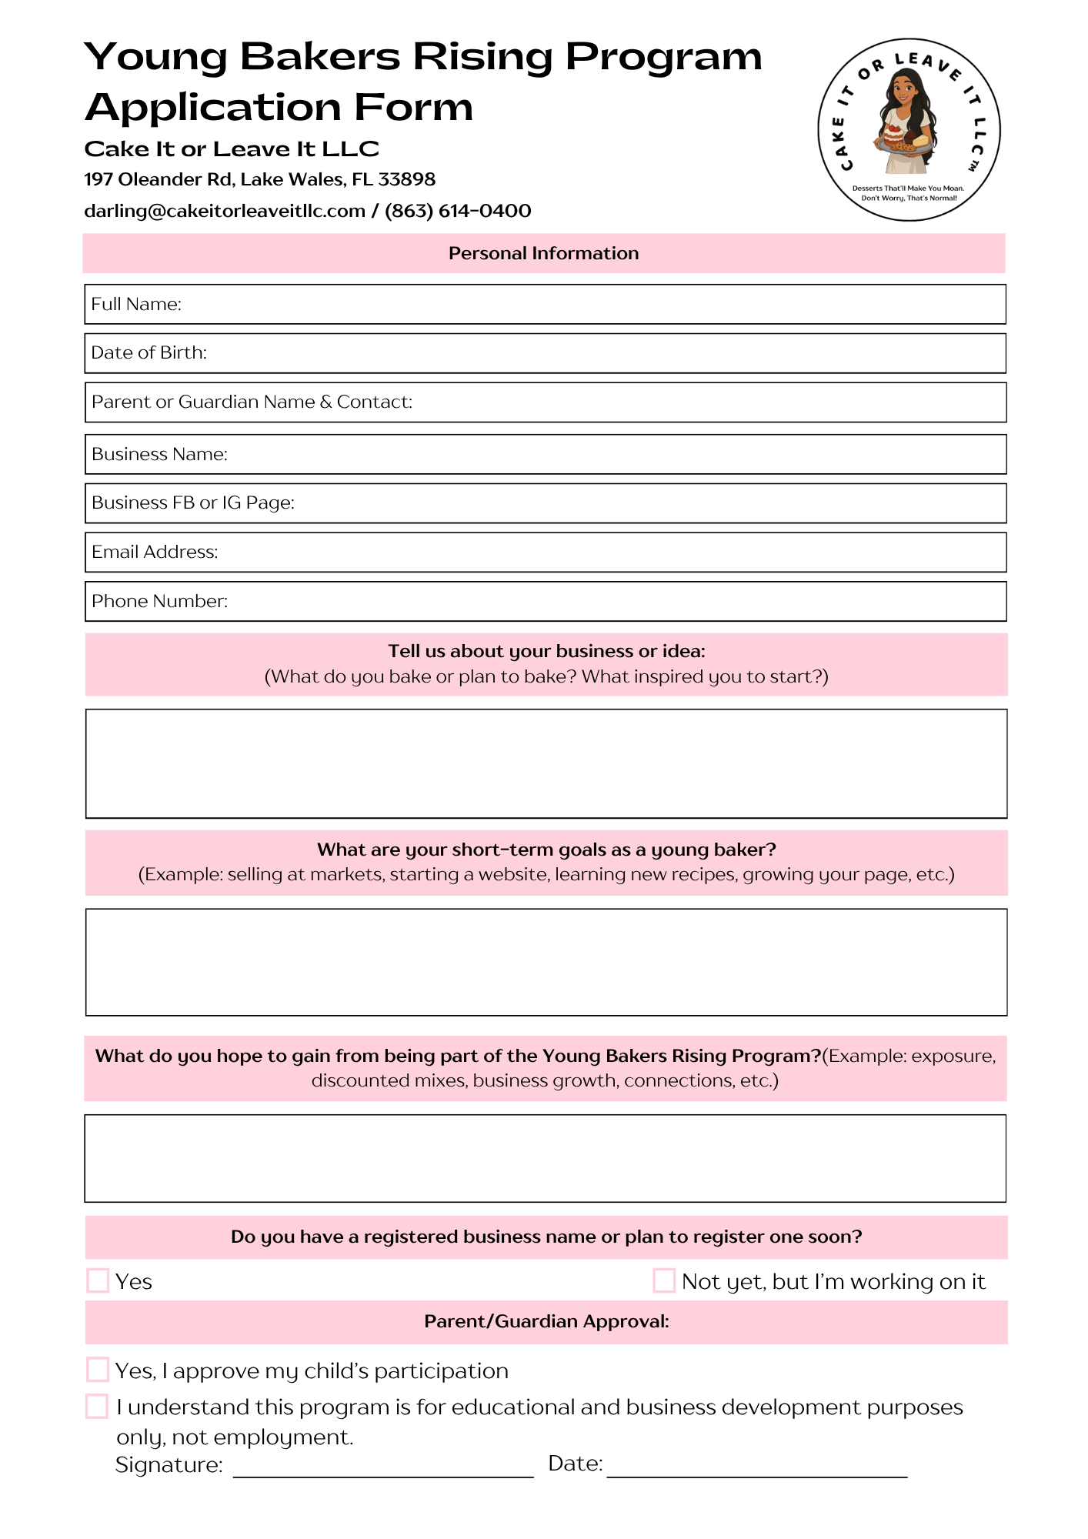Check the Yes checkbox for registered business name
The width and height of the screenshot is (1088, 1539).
point(98,1280)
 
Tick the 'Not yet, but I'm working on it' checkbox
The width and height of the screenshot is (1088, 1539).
point(664,1280)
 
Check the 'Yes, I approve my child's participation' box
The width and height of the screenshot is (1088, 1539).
point(98,1370)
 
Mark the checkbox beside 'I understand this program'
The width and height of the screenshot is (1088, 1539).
point(97,1406)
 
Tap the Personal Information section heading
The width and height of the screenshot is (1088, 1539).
point(543,253)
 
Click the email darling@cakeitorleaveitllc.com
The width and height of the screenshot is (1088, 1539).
point(225,211)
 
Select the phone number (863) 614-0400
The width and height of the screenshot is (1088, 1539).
point(458,211)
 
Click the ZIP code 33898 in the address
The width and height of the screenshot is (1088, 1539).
point(407,179)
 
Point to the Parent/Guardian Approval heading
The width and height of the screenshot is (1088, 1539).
point(546,1321)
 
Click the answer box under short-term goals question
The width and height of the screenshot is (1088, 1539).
point(546,962)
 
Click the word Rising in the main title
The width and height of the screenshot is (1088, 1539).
point(482,57)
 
